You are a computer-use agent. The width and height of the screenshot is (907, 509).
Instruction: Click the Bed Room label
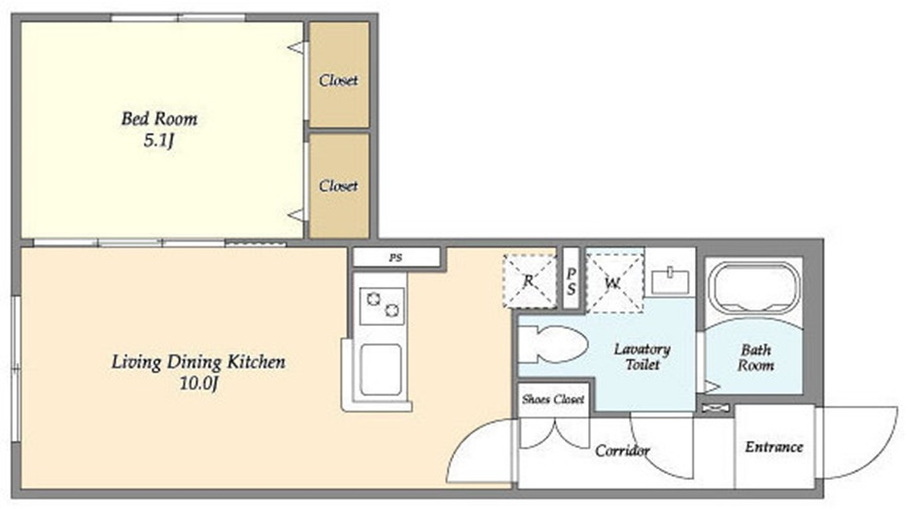(x=159, y=119)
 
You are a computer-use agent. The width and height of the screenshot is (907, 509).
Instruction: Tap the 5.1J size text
(x=158, y=141)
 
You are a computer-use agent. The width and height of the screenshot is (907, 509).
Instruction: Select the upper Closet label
(x=338, y=80)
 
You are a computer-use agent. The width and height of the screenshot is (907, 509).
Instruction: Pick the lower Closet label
(x=338, y=185)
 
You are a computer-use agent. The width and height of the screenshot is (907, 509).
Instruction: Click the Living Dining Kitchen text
(x=198, y=362)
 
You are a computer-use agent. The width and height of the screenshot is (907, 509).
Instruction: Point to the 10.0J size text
(x=198, y=383)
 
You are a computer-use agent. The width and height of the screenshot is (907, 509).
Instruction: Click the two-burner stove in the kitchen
(x=382, y=306)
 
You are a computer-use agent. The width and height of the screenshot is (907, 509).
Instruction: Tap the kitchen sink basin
(x=381, y=370)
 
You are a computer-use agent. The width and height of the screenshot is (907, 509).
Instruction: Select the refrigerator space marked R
(x=529, y=281)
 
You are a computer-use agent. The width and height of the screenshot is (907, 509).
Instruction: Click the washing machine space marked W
(x=614, y=282)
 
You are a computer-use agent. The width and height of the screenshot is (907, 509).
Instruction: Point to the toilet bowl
(x=552, y=345)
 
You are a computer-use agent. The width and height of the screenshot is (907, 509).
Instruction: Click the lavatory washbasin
(x=671, y=281)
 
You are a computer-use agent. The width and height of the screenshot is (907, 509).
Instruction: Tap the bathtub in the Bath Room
(x=754, y=287)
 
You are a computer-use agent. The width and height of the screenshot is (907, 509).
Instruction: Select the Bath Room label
(x=755, y=357)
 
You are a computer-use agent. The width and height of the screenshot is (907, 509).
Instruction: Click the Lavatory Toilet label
(x=642, y=356)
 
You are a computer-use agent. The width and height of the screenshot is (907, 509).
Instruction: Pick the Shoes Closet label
(x=553, y=399)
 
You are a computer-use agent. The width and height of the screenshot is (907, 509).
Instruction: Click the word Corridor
(x=622, y=450)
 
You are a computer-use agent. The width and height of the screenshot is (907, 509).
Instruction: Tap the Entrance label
(x=774, y=447)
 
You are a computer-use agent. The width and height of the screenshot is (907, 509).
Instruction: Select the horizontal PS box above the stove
(x=397, y=257)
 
